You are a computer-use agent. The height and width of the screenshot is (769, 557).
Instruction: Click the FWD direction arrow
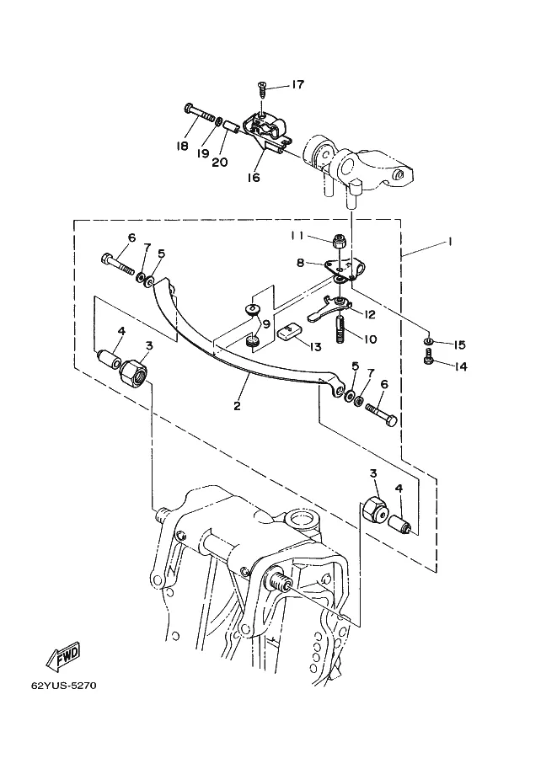click(x=63, y=657)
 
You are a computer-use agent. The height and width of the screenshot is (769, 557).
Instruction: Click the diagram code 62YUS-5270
click(x=64, y=685)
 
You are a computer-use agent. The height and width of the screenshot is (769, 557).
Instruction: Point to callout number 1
click(x=449, y=241)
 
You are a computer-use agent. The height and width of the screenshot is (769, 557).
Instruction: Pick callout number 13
click(x=315, y=347)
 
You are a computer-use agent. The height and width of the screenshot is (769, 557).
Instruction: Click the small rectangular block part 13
click(x=287, y=334)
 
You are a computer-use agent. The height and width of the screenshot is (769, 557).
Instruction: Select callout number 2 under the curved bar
click(x=237, y=406)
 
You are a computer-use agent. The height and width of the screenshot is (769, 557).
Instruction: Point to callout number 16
click(x=254, y=177)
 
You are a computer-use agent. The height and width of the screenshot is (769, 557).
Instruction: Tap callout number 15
click(x=459, y=345)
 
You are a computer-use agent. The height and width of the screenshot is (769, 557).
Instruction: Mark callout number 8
click(x=300, y=263)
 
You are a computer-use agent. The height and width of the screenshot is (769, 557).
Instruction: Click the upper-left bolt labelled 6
click(x=118, y=264)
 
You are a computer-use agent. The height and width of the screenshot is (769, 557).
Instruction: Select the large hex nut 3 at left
click(x=134, y=374)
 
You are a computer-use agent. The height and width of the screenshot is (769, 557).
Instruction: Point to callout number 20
click(x=220, y=162)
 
